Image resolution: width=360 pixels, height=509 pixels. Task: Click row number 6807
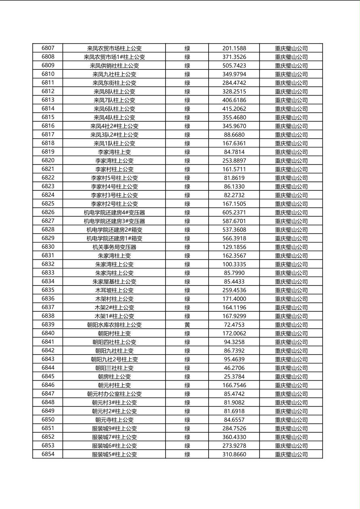(48, 48)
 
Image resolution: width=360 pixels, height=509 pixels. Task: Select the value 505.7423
(234, 66)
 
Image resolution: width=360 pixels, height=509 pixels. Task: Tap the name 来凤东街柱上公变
(114, 83)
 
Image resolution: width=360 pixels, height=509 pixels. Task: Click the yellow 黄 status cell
(187, 325)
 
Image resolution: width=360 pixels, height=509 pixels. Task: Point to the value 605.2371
(234, 213)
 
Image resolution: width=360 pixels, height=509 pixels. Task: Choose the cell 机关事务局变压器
(114, 247)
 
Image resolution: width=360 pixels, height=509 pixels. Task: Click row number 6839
(48, 325)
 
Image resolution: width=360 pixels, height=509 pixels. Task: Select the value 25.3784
(234, 377)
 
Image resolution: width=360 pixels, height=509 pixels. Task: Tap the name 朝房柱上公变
(114, 377)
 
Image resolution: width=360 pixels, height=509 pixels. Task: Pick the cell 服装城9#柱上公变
(114, 428)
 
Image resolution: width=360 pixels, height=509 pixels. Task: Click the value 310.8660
(234, 454)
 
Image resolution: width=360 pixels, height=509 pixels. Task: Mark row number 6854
(48, 454)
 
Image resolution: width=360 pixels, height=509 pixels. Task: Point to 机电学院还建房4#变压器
(114, 213)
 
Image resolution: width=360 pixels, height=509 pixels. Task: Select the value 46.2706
(234, 368)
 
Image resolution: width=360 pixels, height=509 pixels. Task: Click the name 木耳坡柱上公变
(114, 290)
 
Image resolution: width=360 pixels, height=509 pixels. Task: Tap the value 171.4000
(234, 299)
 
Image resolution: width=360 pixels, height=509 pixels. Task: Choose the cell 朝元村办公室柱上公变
(114, 394)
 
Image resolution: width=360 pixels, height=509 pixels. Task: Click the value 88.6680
(234, 135)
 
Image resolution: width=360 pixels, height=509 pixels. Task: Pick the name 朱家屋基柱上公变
(114, 282)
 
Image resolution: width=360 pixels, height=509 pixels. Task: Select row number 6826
(48, 213)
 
